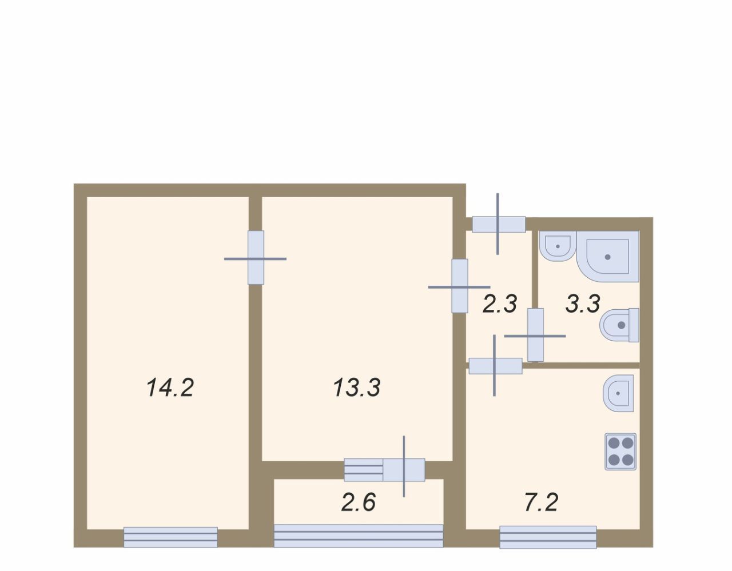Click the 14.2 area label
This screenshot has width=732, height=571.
point(170,388)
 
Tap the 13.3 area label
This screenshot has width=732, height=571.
point(357,388)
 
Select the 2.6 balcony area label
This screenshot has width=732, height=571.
point(359,502)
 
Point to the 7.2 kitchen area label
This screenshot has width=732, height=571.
point(542,502)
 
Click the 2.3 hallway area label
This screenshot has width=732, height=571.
point(500,304)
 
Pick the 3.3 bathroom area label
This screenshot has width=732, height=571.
point(583,304)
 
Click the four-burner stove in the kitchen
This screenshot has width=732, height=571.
point(620,452)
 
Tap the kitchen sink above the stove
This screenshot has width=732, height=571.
point(618,393)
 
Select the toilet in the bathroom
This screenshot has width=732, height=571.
point(619,325)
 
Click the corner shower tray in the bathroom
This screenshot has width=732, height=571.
point(608,256)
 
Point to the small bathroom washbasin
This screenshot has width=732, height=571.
point(558,246)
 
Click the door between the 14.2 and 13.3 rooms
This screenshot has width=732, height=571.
point(256,258)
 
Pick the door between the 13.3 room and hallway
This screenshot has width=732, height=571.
point(460,286)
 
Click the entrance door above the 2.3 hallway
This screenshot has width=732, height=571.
point(499,224)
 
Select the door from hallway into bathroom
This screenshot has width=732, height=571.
point(535,336)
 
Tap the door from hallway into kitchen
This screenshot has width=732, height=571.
point(495,366)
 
